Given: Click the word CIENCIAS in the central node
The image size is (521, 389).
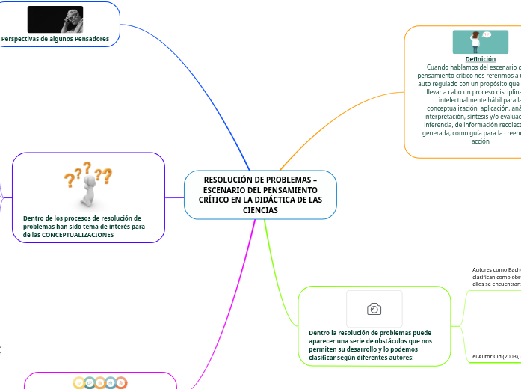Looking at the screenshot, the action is coord(260,210).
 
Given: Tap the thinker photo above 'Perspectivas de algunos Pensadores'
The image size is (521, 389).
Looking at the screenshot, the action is coord(55,19).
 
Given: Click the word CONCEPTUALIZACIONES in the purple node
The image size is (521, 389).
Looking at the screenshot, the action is coord(78,234).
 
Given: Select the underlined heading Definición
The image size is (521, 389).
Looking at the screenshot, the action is coord(480,58).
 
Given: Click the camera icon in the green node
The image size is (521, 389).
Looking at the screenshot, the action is coord(374,309).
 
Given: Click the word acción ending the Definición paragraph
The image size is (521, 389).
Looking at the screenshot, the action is coord(481,141).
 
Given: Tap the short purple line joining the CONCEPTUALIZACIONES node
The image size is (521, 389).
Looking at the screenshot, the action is coord(174,197).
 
